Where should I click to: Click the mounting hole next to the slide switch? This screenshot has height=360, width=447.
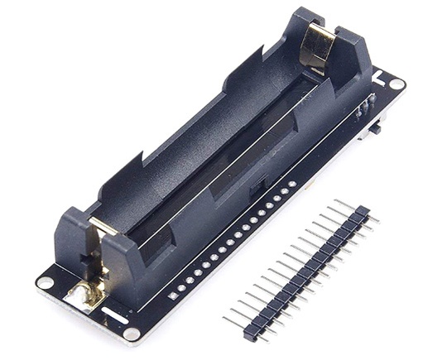pyautogui.click(x=397, y=84)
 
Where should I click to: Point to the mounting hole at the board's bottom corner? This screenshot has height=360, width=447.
pyautogui.click(x=132, y=334)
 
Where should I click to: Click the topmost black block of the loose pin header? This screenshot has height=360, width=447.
pyautogui.click(x=361, y=213)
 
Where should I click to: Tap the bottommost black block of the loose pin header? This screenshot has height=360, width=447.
pyautogui.click(x=250, y=333)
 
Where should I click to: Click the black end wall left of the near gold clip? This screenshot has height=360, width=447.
pyautogui.click(x=70, y=240)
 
